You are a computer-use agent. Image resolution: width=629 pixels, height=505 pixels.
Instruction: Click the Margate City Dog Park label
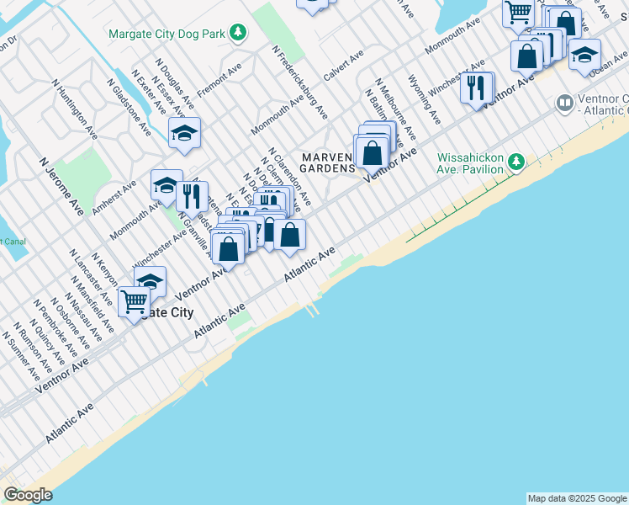pyautogui.click(x=168, y=34)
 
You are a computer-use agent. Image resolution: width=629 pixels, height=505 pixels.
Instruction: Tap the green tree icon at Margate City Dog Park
pyautogui.click(x=239, y=33)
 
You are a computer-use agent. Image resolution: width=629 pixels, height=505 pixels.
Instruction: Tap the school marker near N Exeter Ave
pyautogui.click(x=184, y=134)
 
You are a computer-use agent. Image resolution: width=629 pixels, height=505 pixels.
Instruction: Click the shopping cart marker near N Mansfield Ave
pyautogui.click(x=135, y=301)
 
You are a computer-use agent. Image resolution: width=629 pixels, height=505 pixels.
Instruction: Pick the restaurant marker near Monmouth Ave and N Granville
pyautogui.click(x=193, y=196)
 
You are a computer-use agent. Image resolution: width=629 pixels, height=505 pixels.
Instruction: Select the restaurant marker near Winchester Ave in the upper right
pyautogui.click(x=477, y=88)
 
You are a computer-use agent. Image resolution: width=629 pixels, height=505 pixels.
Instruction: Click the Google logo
pyautogui.click(x=28, y=495)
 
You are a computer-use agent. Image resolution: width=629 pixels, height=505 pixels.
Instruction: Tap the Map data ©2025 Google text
pyautogui.click(x=577, y=498)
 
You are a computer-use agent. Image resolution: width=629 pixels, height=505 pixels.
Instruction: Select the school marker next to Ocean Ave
pyautogui.click(x=584, y=56)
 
